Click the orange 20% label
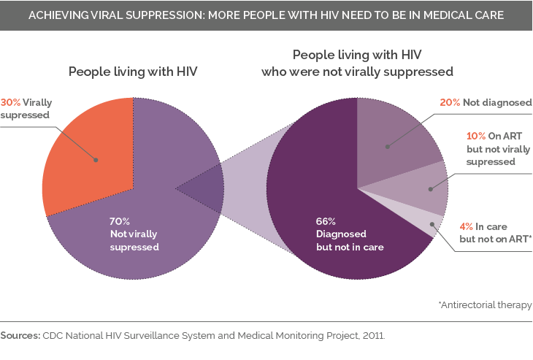(450, 103)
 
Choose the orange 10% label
(476, 135)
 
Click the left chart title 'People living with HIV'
(132, 72)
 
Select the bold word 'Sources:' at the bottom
(20, 336)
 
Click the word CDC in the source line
(53, 336)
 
